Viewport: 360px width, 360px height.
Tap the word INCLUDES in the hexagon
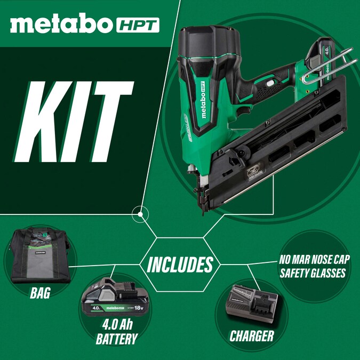coord(180,264)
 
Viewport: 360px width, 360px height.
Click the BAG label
coord(40,293)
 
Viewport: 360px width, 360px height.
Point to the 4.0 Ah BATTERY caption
coord(116,331)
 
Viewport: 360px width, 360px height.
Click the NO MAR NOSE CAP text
coord(314,262)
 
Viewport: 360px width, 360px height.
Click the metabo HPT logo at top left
coord(84,24)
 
